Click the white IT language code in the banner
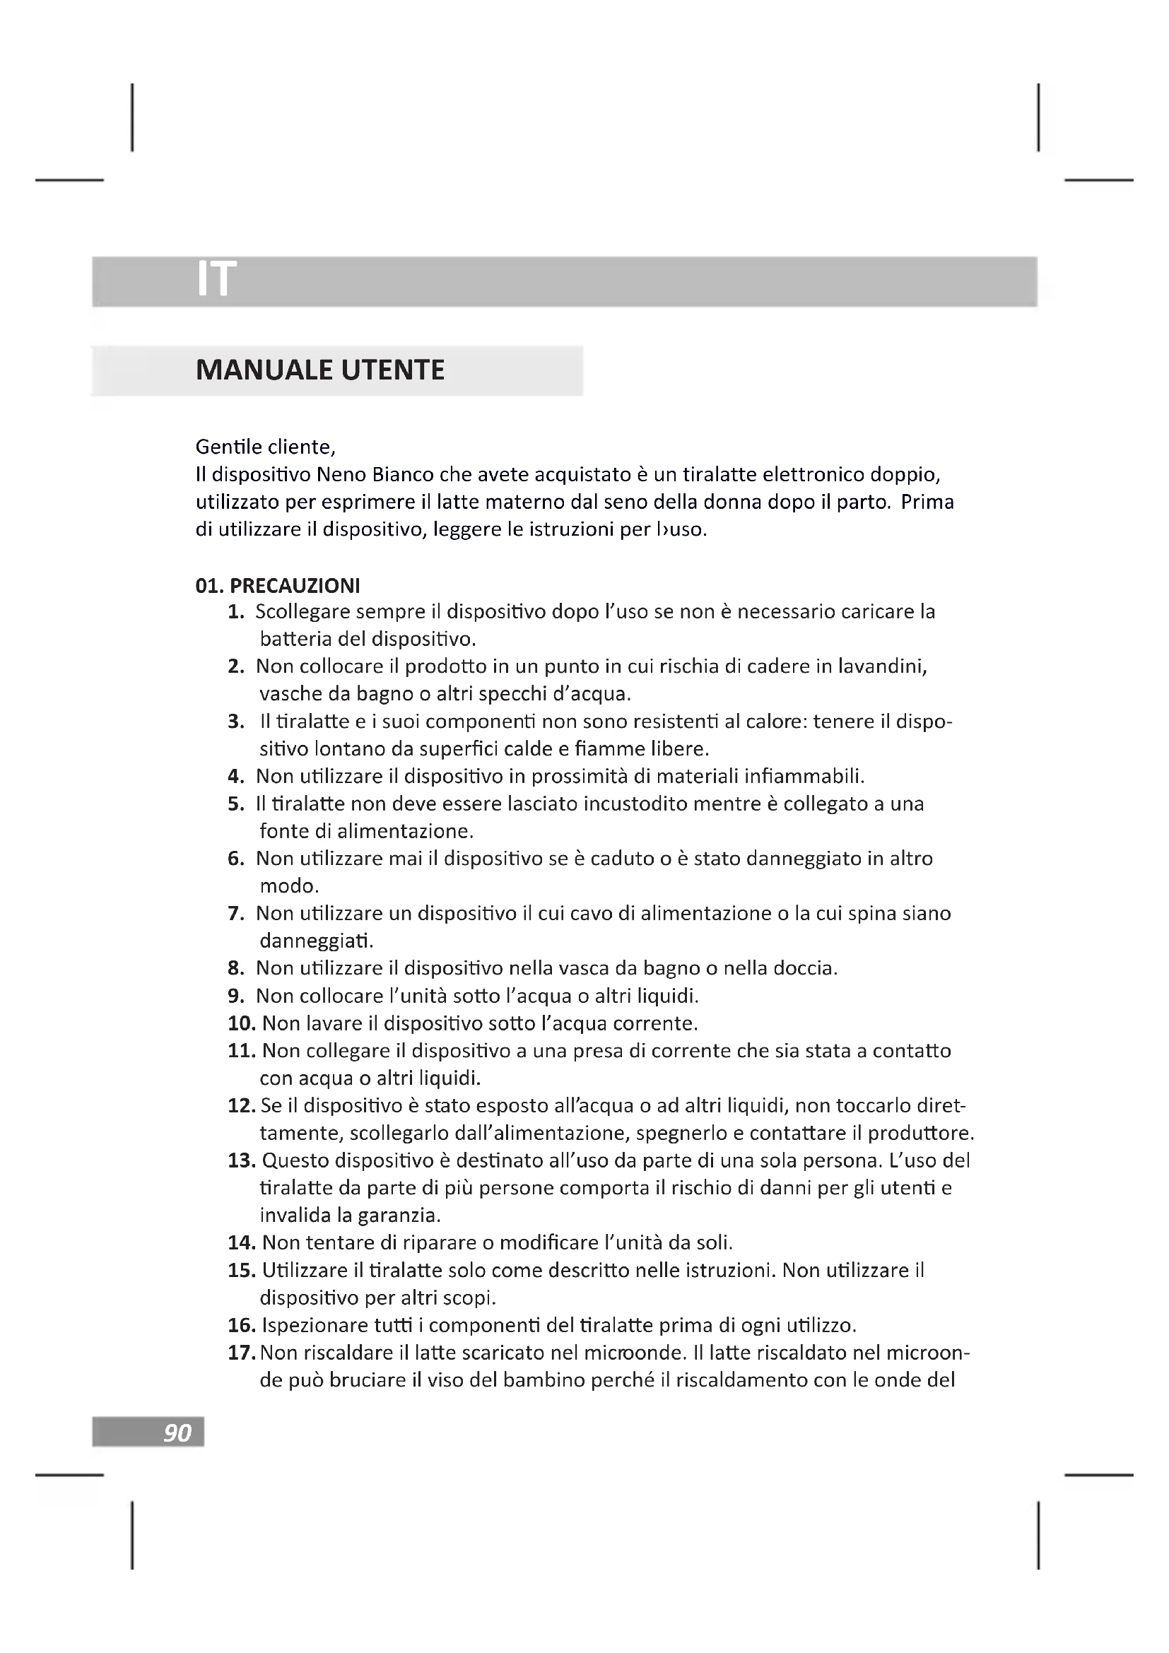(216, 279)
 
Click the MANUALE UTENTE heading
(319, 370)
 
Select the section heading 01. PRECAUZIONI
(278, 585)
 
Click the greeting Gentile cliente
(266, 447)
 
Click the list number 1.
(236, 612)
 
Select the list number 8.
(236, 968)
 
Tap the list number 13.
(242, 1160)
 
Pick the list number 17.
(242, 1353)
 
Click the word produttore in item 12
(920, 1133)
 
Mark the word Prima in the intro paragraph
(927, 502)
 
